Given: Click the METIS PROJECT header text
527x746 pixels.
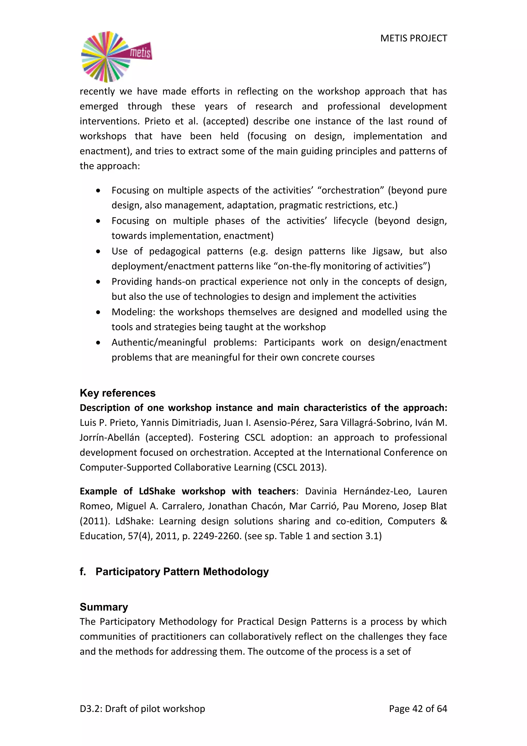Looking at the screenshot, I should (414, 38).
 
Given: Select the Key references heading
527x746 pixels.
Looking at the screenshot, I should (118, 393).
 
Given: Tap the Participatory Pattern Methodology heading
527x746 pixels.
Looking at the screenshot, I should (182, 572).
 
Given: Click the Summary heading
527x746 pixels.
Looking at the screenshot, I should (104, 607).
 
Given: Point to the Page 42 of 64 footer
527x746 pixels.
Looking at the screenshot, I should (418, 709).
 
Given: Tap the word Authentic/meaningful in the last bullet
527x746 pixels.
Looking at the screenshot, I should (159, 342).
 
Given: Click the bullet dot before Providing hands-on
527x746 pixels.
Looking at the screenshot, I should (98, 282).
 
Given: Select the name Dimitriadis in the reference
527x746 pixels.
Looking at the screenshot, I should (169, 422).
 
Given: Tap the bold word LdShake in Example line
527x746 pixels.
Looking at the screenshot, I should (157, 491).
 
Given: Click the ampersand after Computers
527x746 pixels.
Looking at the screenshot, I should (443, 521).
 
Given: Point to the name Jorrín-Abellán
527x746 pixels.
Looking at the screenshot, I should (110, 437).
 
